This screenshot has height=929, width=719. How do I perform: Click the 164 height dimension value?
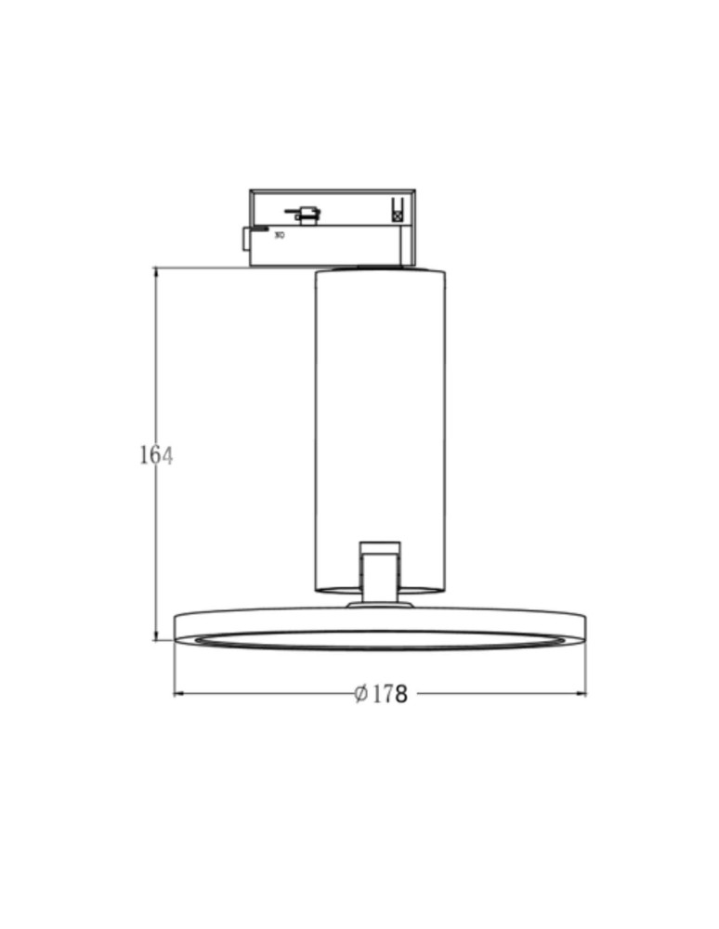click(x=156, y=455)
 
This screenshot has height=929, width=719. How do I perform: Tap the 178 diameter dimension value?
click(x=390, y=694)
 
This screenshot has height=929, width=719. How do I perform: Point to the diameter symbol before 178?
click(x=361, y=694)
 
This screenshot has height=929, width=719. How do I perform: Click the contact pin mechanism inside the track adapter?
click(x=304, y=215)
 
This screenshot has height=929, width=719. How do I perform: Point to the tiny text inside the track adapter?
click(x=280, y=235)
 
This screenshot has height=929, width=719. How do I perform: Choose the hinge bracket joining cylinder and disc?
click(x=381, y=576)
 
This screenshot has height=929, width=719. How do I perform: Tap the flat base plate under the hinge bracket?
click(x=380, y=605)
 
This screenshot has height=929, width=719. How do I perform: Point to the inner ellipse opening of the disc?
click(x=380, y=639)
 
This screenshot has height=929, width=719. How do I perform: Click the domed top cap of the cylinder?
click(x=380, y=270)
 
